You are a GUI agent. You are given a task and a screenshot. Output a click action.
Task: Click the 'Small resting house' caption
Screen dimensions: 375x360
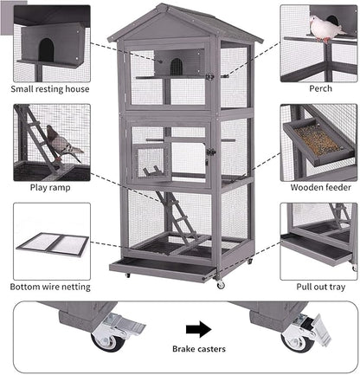(x=51, y=88)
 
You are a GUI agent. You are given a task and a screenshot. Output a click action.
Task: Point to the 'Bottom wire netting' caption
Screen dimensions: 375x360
(x=51, y=286)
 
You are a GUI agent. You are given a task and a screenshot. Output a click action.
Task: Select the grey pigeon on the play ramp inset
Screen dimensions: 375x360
(x=63, y=141)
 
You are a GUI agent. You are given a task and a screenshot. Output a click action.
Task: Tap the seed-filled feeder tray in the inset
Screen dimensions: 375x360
(x=318, y=139)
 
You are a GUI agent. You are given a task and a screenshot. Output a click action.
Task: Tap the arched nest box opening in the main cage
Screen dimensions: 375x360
(x=176, y=65)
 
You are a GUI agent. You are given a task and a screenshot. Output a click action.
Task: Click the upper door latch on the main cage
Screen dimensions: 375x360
(x=209, y=76)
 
